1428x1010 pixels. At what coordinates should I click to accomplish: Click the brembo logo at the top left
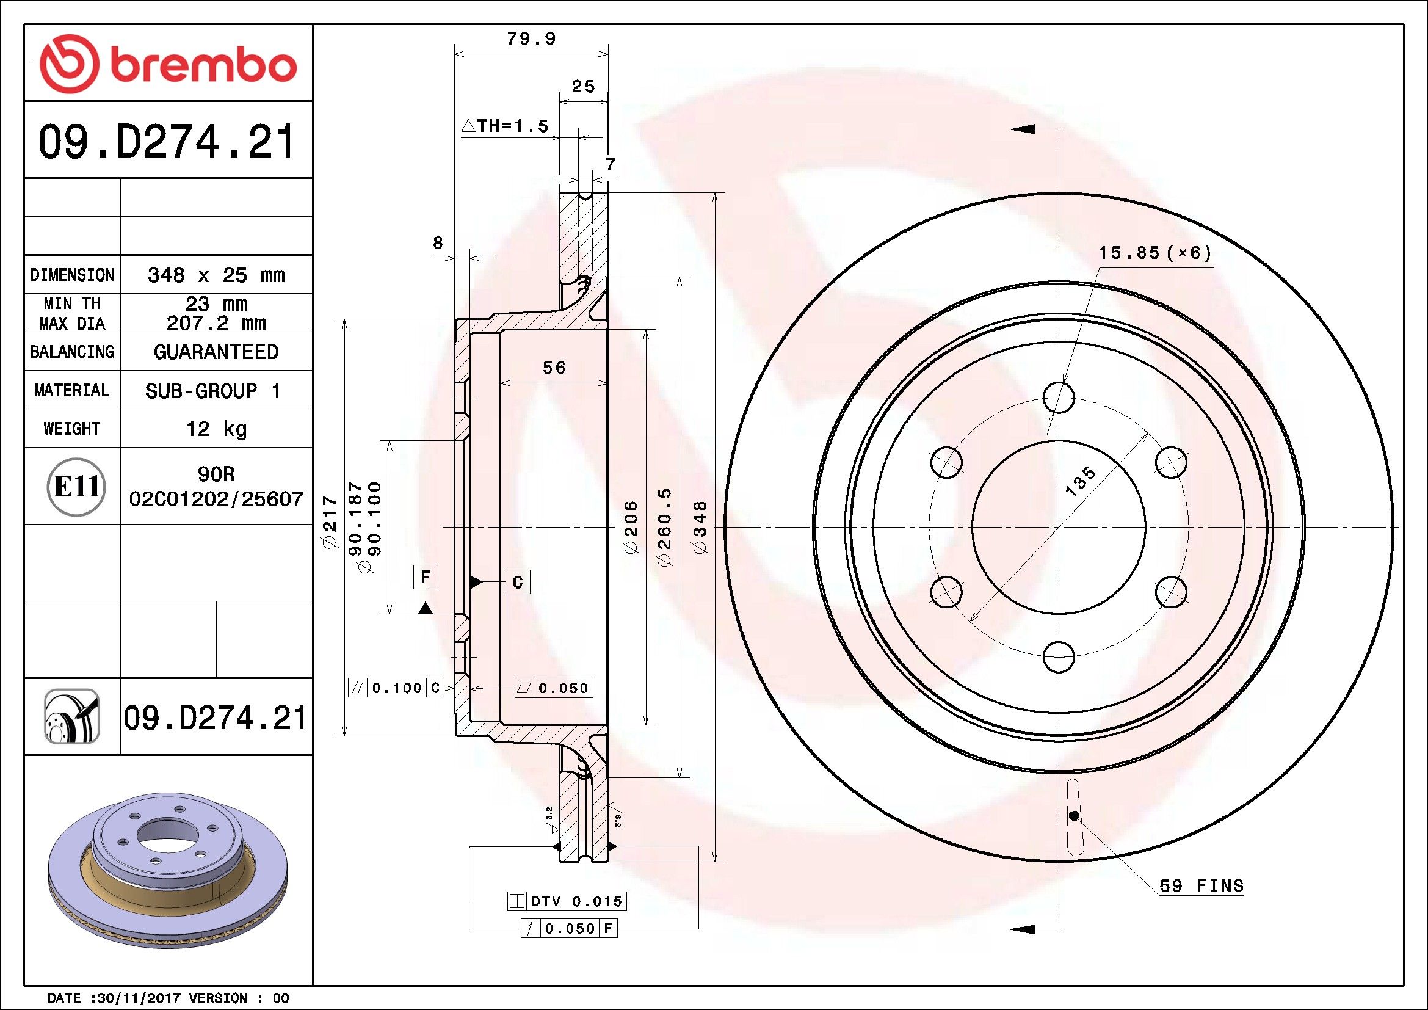[167, 65]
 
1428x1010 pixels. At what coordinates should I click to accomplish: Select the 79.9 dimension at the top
[531, 38]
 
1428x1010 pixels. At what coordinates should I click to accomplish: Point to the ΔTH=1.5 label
[505, 126]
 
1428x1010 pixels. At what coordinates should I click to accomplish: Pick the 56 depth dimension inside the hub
[554, 368]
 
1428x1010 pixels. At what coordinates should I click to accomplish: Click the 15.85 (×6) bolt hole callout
[1155, 253]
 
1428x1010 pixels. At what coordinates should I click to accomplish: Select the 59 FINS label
[1201, 885]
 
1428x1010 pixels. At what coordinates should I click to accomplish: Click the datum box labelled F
[426, 577]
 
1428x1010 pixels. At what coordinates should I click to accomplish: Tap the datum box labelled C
[518, 582]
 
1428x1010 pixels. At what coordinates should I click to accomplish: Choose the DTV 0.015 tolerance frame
[567, 901]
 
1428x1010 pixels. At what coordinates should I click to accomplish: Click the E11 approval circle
[76, 486]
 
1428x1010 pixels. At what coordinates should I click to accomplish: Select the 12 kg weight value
[217, 429]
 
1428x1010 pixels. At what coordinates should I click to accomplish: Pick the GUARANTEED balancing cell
[216, 352]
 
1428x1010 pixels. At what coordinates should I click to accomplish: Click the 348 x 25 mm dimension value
[216, 275]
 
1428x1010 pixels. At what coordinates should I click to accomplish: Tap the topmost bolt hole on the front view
[1059, 397]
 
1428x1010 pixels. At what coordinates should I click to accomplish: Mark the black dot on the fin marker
[1074, 815]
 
